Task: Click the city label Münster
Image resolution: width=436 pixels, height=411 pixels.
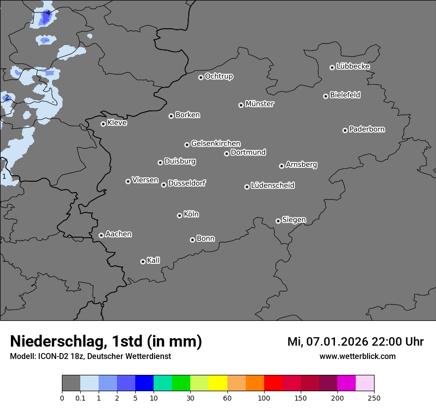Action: click(x=260, y=104)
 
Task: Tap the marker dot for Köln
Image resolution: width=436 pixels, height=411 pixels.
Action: click(x=179, y=215)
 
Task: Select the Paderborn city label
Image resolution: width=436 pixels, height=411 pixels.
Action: click(x=367, y=129)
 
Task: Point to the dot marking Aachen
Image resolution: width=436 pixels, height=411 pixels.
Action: click(x=101, y=235)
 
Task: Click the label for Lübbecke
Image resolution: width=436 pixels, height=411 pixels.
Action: click(x=353, y=66)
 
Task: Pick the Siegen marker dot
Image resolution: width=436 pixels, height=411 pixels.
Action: click(x=278, y=221)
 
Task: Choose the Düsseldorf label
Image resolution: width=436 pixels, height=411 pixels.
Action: click(x=187, y=183)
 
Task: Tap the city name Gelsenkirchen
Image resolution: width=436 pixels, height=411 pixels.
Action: click(x=216, y=144)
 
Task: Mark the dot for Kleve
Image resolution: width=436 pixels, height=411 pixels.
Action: click(x=103, y=124)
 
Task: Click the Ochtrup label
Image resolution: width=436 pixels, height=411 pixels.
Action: click(x=219, y=76)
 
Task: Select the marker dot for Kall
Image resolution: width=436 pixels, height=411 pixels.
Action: click(x=143, y=261)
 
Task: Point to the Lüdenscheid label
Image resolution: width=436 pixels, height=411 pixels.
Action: click(x=272, y=186)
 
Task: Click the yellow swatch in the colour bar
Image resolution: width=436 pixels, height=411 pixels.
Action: click(x=218, y=383)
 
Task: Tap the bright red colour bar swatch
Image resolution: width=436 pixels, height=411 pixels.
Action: click(x=273, y=383)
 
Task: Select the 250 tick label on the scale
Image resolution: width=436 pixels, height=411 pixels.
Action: click(x=374, y=398)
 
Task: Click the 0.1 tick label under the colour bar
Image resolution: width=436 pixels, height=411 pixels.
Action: click(x=80, y=398)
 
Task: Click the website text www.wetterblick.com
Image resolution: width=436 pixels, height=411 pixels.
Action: click(x=357, y=357)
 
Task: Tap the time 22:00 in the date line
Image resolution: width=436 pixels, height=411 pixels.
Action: click(x=386, y=342)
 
